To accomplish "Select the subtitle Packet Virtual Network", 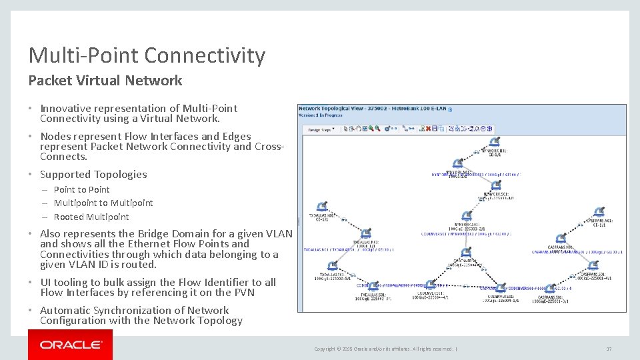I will click(x=105, y=81).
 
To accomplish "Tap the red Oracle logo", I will click(x=70, y=345).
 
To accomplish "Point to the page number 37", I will click(x=609, y=349).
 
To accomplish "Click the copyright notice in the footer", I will click(x=383, y=349).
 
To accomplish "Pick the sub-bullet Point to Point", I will click(x=81, y=189).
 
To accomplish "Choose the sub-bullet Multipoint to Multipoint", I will click(x=103, y=203).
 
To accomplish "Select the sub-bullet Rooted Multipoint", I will click(x=91, y=217).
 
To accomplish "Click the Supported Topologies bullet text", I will click(x=93, y=175).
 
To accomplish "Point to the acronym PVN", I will click(x=241, y=292).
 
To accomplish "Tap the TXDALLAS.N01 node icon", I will click(x=322, y=207).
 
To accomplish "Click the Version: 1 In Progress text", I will click(x=321, y=115).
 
